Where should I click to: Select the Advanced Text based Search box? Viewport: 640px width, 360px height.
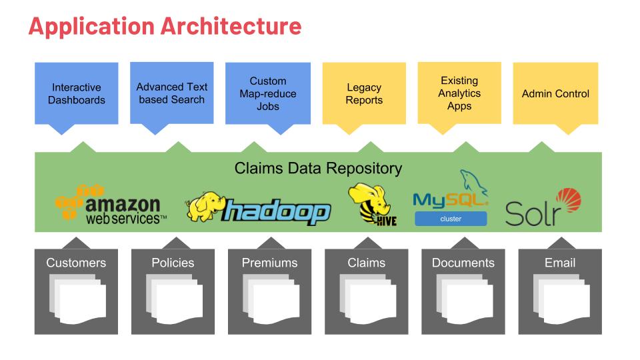click(172, 93)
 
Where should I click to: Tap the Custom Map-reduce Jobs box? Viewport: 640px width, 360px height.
click(267, 93)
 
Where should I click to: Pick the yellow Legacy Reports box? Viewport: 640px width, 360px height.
click(364, 93)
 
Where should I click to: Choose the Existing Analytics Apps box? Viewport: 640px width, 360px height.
click(459, 93)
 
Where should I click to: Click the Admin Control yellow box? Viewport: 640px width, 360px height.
click(555, 93)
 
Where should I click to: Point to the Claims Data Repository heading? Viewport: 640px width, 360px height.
click(318, 168)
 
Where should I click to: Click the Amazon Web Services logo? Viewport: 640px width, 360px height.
click(110, 203)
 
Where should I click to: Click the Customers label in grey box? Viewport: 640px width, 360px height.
click(75, 263)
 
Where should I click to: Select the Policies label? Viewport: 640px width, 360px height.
click(173, 263)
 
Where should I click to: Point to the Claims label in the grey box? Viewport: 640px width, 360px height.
click(366, 263)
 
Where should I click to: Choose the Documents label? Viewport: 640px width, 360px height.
click(463, 263)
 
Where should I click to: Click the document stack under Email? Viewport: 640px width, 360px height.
click(560, 297)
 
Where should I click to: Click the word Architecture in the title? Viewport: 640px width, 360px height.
click(230, 26)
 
